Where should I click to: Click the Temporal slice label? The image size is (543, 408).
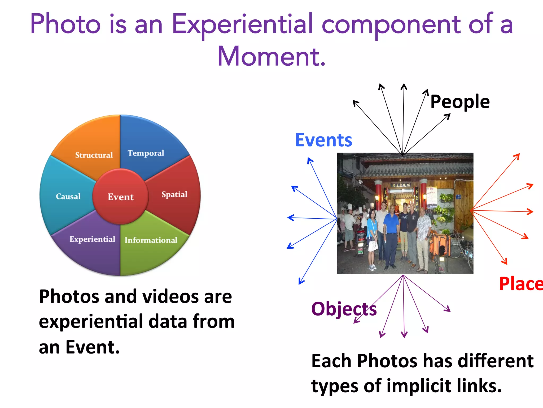(x=146, y=153)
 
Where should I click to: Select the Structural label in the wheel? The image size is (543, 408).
(x=94, y=155)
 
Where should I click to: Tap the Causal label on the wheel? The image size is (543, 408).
(x=68, y=196)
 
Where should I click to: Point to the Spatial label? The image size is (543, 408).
(x=174, y=194)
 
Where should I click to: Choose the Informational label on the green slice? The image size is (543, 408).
(x=151, y=240)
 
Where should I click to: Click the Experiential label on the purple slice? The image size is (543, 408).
(x=92, y=239)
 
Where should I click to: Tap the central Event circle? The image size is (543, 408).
(x=121, y=197)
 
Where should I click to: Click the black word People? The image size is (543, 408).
(x=460, y=102)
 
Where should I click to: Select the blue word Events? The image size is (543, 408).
(x=324, y=140)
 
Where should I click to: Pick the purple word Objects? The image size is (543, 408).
(x=344, y=309)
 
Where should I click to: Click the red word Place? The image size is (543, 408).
(x=520, y=284)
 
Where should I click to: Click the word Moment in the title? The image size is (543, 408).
(x=271, y=56)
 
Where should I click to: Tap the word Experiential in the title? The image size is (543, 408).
(x=242, y=24)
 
